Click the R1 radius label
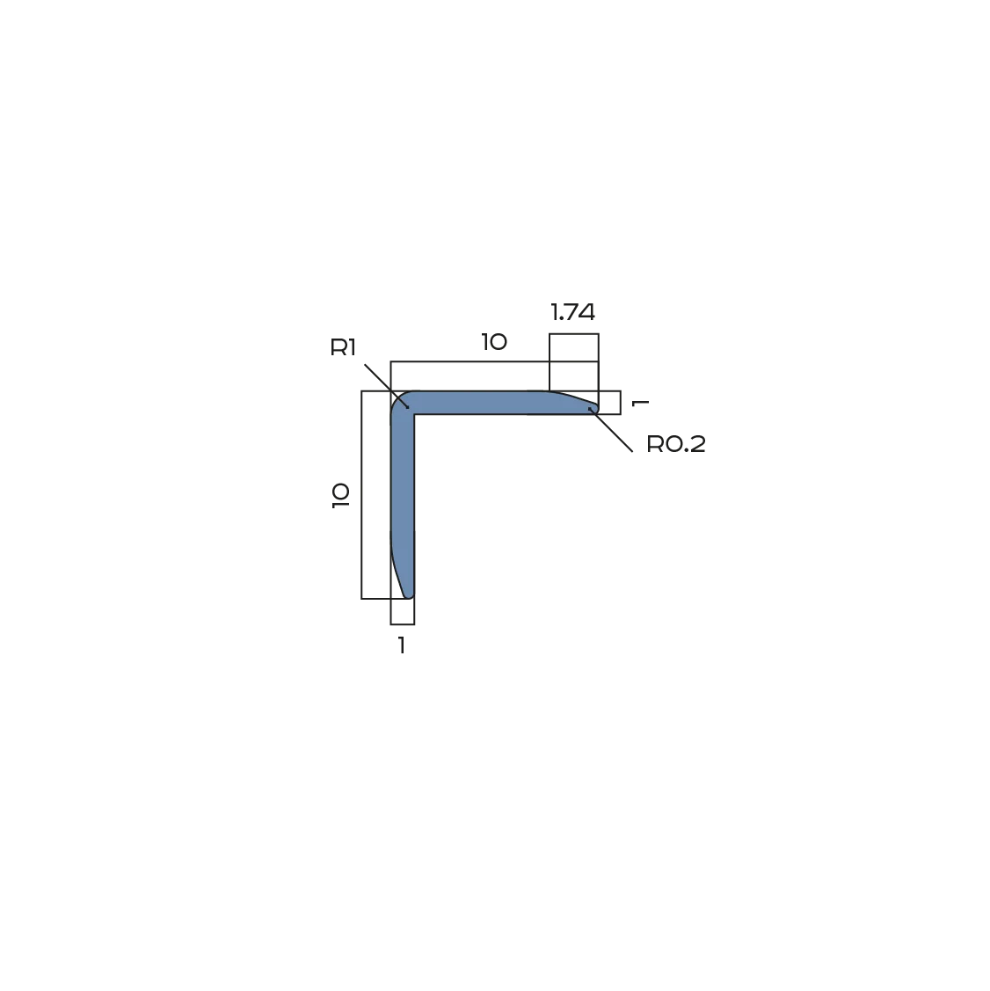pyautogui.click(x=343, y=347)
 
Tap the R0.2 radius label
pyautogui.click(x=675, y=444)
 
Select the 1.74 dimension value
pyautogui.click(x=572, y=312)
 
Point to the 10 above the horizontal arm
pyautogui.click(x=494, y=342)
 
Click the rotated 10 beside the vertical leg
pyautogui.click(x=340, y=495)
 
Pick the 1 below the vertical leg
pyautogui.click(x=402, y=645)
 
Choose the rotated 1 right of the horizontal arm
pyautogui.click(x=640, y=403)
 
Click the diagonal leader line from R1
pyautogui.click(x=387, y=385)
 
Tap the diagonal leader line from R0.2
pyautogui.click(x=610, y=430)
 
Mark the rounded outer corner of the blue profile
pyautogui.click(x=397, y=398)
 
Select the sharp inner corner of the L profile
pyautogui.click(x=414, y=415)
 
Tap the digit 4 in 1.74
pyautogui.click(x=586, y=312)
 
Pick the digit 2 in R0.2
pyautogui.click(x=697, y=444)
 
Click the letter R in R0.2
pyautogui.click(x=654, y=444)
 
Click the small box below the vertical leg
pyautogui.click(x=403, y=612)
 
